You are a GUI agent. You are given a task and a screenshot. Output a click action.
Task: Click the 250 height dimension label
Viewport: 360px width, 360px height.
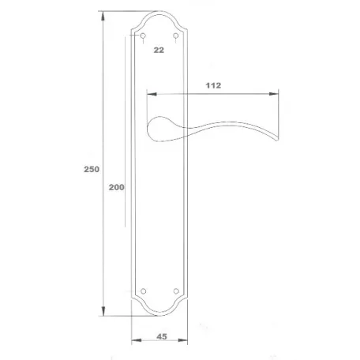92,169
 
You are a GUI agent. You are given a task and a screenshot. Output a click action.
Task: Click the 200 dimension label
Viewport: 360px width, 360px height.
117,187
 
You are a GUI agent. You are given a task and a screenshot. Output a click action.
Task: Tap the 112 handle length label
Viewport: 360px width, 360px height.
213,85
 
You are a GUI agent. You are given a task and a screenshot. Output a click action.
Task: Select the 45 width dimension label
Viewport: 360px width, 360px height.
162,336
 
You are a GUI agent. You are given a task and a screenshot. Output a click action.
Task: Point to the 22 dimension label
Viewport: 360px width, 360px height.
159,50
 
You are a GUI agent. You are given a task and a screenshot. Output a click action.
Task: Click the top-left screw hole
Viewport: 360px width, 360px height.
143,36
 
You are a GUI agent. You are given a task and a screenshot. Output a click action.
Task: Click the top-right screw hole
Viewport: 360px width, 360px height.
176,36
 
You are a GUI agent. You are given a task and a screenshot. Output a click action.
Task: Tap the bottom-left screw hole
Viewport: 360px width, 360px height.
144,291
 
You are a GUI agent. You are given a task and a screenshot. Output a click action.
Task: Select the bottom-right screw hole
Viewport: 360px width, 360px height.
176,291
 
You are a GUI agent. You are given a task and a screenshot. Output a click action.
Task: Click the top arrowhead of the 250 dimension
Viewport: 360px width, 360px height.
103,16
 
